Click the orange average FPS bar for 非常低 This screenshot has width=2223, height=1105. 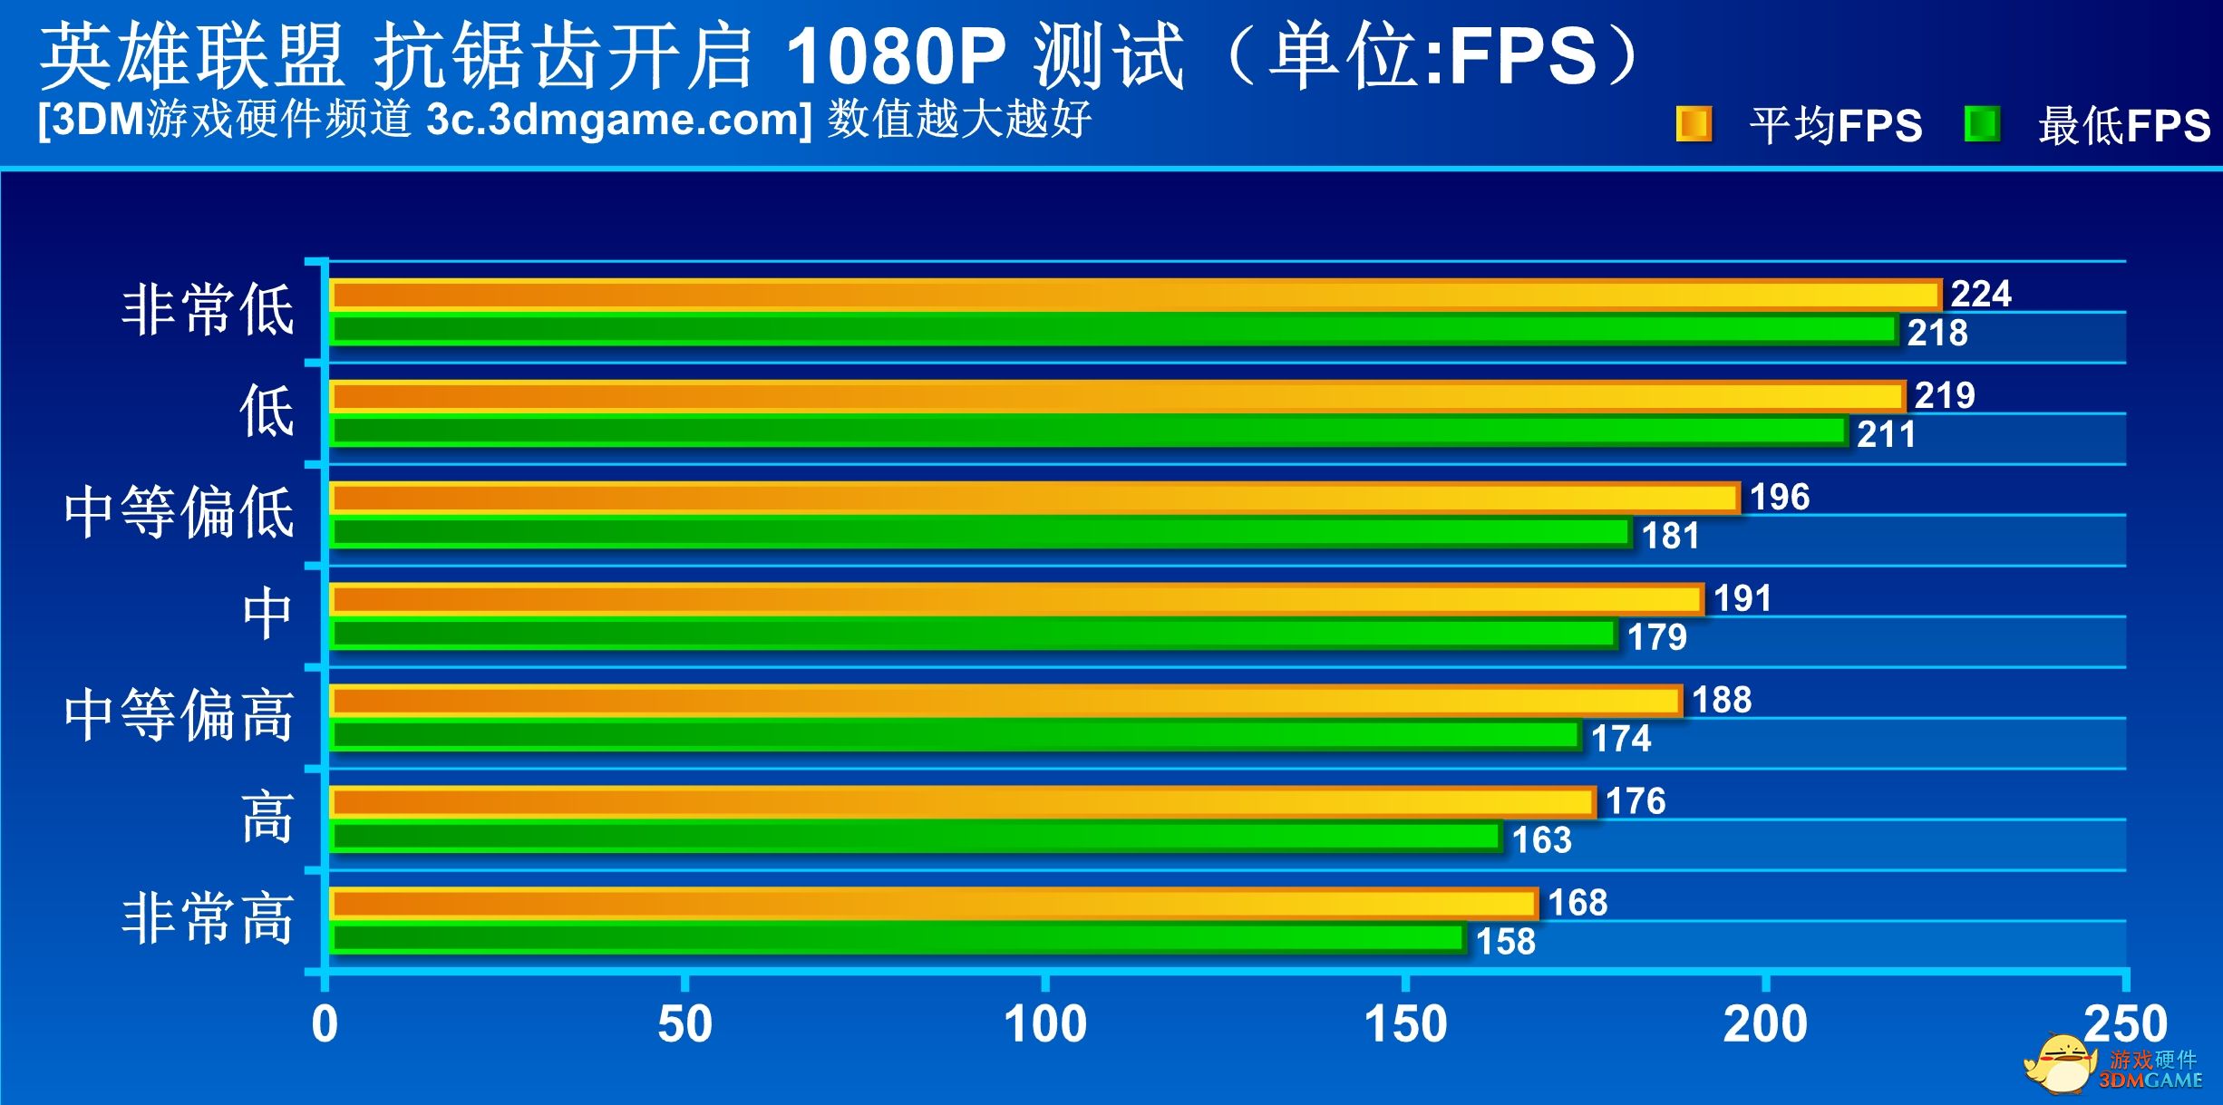tap(1133, 296)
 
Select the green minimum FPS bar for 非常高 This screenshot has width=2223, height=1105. tap(898, 939)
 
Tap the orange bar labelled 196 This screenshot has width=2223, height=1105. tap(1034, 499)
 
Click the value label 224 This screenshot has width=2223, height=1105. tap(1981, 294)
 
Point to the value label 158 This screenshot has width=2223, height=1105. tap(1506, 942)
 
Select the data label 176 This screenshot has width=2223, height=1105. tap(1636, 801)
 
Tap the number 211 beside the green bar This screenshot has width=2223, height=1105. tap(1886, 434)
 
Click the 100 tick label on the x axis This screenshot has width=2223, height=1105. tap(1044, 1025)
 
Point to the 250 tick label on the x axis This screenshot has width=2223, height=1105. tap(2125, 1025)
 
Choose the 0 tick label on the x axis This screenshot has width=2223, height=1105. tap(325, 1025)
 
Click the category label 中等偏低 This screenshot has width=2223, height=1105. tap(180, 512)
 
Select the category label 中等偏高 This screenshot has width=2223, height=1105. tap(180, 715)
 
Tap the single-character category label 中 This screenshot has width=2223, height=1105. tap(267, 614)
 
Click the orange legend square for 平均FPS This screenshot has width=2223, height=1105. tap(1694, 124)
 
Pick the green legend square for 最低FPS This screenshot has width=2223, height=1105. tap(1982, 124)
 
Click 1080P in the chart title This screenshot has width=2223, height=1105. tap(895, 56)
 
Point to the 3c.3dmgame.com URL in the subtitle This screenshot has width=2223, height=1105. tap(619, 120)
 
